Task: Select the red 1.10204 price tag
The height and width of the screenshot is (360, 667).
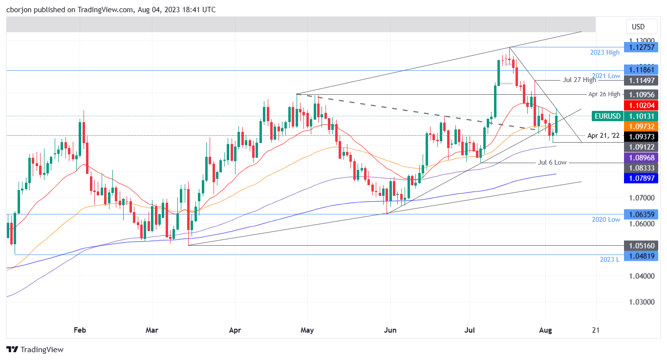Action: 642,105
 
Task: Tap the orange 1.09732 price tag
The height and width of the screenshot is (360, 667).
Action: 642,126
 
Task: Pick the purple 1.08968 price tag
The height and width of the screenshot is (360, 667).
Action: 642,157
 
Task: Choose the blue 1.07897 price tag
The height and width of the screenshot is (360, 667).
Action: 642,179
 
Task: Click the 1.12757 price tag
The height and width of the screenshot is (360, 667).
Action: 642,47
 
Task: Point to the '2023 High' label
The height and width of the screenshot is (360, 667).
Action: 605,52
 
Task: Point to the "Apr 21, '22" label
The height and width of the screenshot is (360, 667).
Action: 604,135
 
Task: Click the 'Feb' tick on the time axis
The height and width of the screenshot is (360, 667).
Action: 80,330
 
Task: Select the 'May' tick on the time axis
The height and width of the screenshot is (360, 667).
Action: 307,330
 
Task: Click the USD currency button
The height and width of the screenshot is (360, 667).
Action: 638,26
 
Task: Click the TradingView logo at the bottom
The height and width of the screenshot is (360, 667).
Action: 35,349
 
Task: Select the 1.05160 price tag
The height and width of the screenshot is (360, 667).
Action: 642,245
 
